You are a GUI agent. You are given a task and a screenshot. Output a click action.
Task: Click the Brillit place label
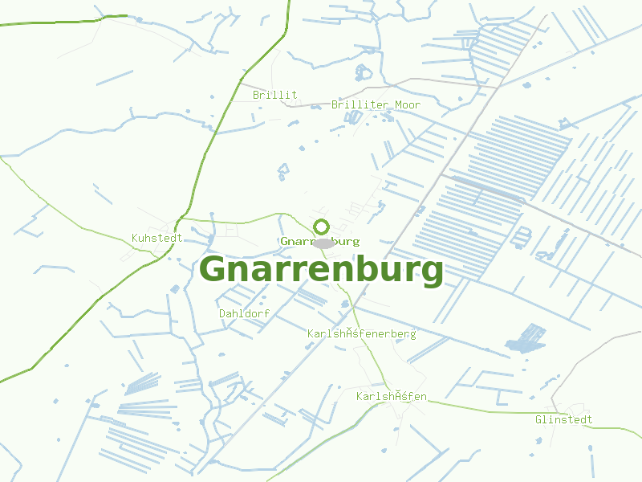[x=274, y=95]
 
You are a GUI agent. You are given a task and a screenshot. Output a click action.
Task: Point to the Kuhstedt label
[x=157, y=238]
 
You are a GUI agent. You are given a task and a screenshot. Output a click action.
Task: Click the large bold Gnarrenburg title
[x=321, y=270]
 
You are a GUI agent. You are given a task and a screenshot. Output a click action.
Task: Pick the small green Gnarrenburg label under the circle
[x=320, y=241]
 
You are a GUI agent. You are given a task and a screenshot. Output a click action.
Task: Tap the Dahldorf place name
[x=244, y=313]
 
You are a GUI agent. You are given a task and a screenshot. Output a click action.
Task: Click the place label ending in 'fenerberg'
[x=361, y=333]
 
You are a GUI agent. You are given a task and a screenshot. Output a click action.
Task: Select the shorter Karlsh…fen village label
[x=391, y=397]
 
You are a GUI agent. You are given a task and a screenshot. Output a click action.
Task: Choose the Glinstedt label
[x=563, y=419]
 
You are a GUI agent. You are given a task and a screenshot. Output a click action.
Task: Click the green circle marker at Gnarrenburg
[x=322, y=227]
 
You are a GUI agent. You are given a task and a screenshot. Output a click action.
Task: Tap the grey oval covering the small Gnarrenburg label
[x=323, y=243]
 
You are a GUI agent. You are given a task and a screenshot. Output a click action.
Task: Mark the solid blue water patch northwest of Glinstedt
[x=525, y=338]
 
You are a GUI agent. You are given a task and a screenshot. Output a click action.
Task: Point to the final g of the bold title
[x=431, y=273]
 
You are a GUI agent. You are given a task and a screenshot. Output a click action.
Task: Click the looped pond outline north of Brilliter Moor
[x=364, y=72]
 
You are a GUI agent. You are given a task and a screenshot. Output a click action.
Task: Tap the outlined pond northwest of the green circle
[x=282, y=171]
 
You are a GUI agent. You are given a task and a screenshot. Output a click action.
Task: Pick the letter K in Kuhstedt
[x=135, y=238]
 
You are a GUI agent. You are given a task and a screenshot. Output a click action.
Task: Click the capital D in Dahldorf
[x=222, y=313]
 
